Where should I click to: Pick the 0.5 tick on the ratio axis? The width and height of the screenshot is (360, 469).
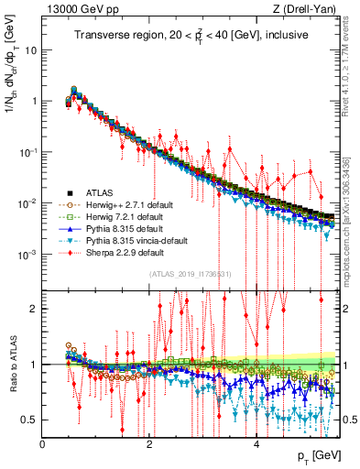31,420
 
